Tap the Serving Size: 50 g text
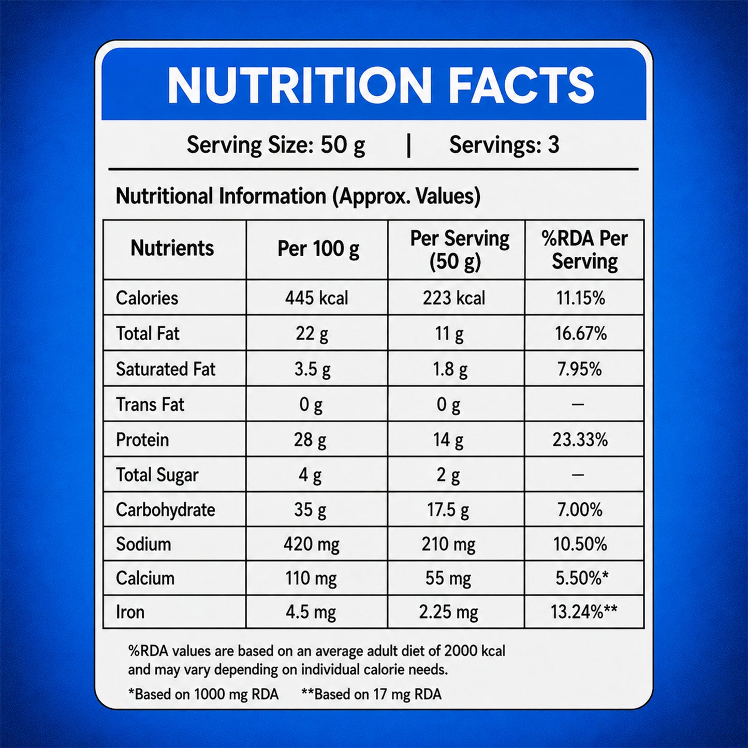[275, 145]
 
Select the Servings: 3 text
[504, 145]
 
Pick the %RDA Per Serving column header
[584, 250]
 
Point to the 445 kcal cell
[317, 298]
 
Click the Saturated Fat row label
[165, 369]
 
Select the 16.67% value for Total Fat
[581, 333]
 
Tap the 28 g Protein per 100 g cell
[310, 440]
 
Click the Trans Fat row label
[150, 404]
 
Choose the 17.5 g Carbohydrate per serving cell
[448, 510]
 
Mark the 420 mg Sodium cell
[311, 544]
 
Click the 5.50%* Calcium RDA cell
[582, 578]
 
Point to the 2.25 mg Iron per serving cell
[448, 612]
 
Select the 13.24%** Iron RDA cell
[584, 612]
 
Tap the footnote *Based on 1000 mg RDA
[203, 694]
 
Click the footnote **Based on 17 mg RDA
[372, 694]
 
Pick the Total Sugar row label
[157, 475]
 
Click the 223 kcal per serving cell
[454, 298]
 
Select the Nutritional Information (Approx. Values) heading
[298, 196]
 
